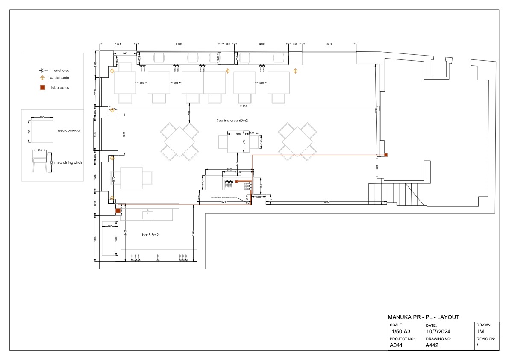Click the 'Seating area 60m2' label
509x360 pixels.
232,121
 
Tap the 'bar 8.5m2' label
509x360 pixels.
150,235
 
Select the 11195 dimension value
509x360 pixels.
243,106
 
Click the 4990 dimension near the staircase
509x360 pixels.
326,201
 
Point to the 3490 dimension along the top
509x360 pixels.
179,44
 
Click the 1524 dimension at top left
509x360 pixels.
118,44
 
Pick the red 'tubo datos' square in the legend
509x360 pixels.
43,88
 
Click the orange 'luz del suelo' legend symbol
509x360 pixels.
42,78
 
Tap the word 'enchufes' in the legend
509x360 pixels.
62,70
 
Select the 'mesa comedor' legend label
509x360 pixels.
68,130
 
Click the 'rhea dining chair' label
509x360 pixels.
69,162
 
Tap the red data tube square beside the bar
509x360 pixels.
118,210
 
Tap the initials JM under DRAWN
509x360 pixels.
480,331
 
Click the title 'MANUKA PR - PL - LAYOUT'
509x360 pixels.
423,317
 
